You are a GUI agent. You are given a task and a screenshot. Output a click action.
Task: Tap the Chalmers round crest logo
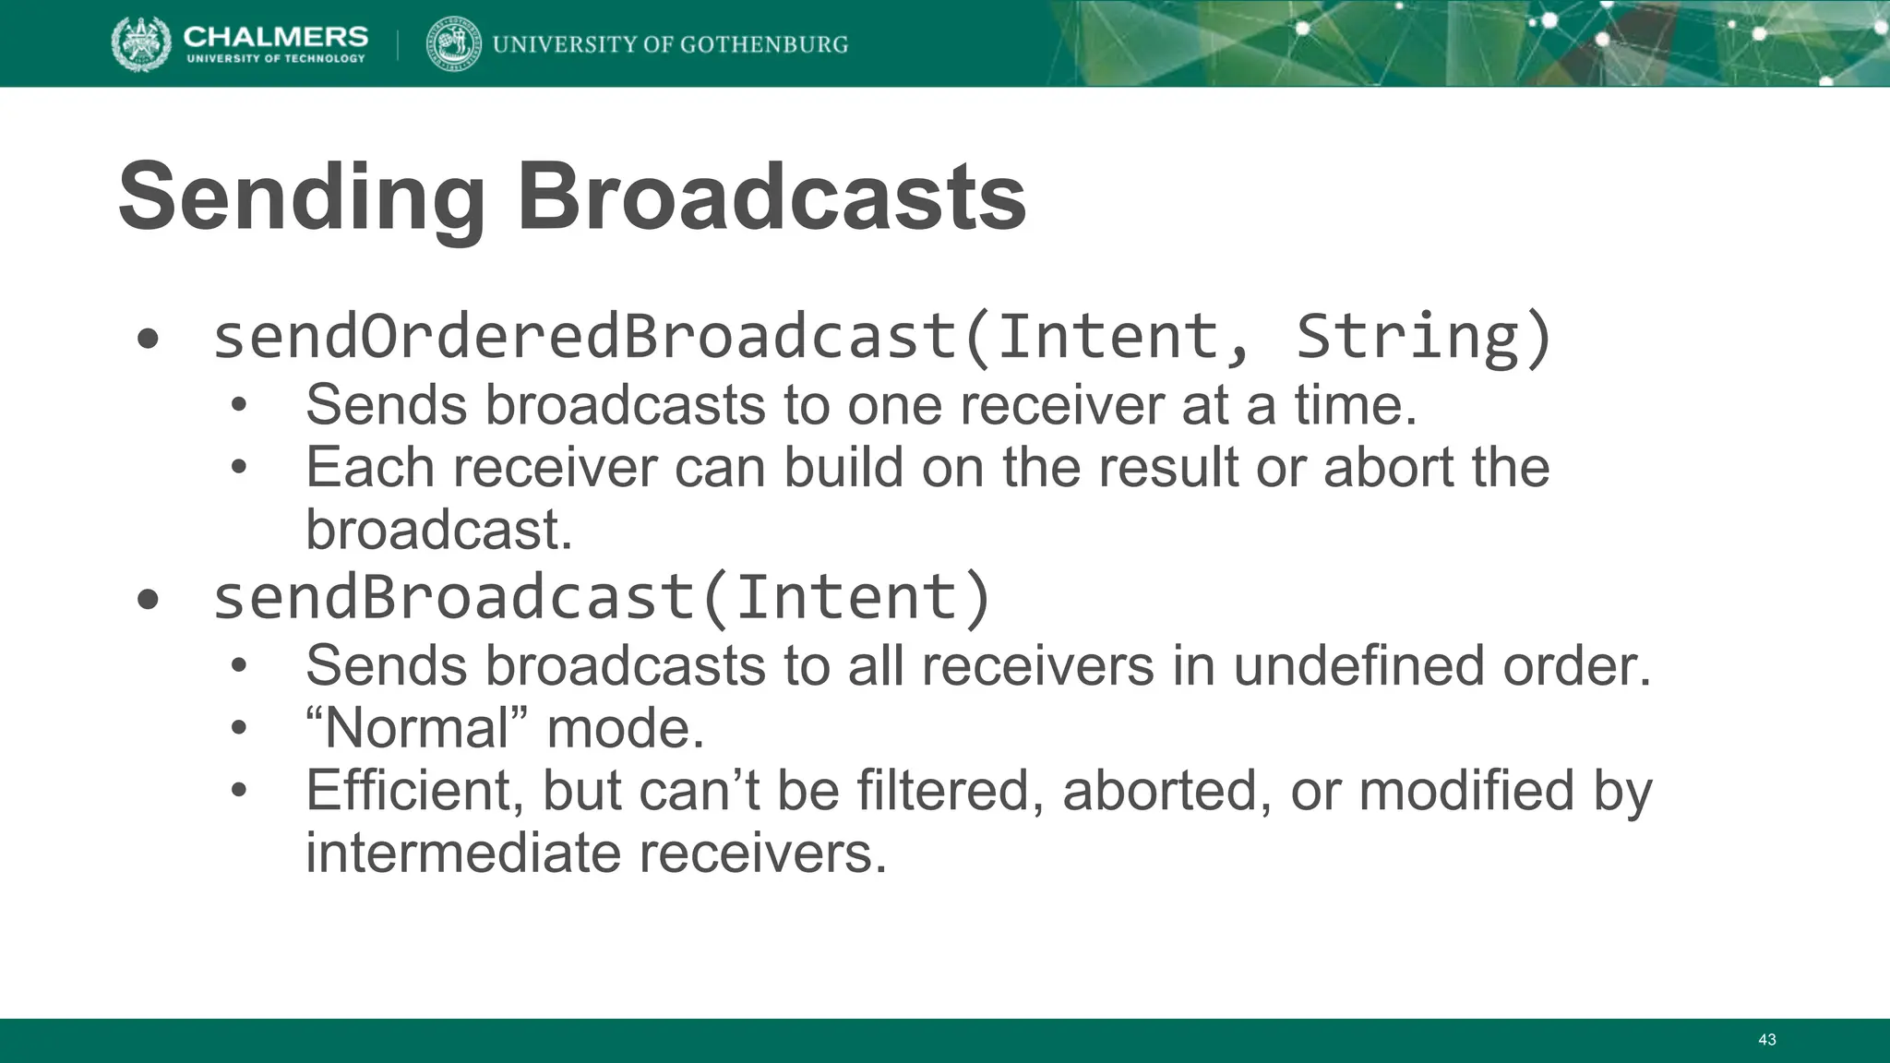pyautogui.click(x=141, y=43)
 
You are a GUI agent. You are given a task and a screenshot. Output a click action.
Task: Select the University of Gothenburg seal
pyautogui.click(x=453, y=43)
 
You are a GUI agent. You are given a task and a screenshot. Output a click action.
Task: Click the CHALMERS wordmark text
pyautogui.click(x=275, y=36)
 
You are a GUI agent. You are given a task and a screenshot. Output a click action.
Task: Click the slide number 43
pyautogui.click(x=1766, y=1040)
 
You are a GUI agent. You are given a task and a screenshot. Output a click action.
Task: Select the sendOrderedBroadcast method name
pyautogui.click(x=585, y=337)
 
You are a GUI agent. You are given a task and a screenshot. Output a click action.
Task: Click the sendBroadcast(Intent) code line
pyautogui.click(x=602, y=597)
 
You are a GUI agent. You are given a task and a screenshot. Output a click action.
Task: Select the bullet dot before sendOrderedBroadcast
pyautogui.click(x=148, y=340)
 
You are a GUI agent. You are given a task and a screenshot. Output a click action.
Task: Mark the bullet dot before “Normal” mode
pyautogui.click(x=239, y=730)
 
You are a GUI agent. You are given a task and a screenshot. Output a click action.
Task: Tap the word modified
pyautogui.click(x=1465, y=791)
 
